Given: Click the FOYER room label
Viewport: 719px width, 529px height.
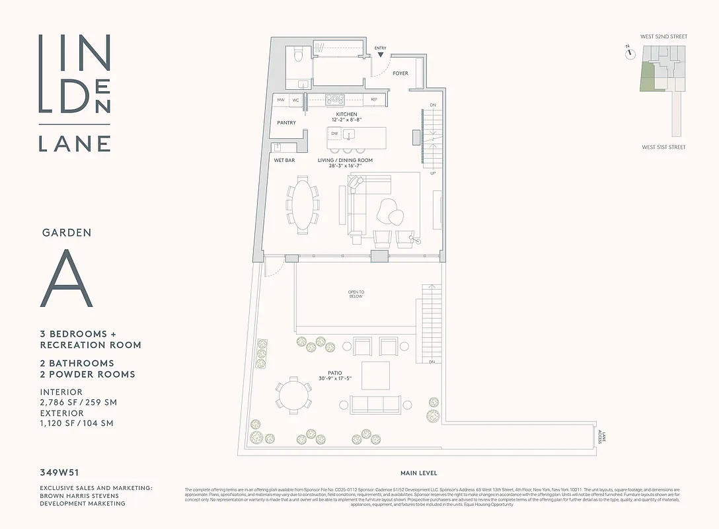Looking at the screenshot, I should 400,73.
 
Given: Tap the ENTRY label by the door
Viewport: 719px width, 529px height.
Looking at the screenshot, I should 380,48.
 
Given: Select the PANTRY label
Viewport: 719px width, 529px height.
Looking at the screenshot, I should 286,123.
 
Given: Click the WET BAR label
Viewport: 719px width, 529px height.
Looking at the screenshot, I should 284,161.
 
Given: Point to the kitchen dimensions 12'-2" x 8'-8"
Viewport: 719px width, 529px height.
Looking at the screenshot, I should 346,120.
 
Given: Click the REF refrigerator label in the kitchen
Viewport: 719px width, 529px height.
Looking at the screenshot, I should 374,100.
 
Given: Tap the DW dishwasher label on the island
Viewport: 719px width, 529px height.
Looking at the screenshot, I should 334,134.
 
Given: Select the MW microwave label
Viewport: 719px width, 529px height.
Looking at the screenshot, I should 281,100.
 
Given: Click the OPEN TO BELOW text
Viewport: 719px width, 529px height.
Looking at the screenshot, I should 356,294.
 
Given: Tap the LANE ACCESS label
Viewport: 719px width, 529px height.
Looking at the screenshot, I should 600,436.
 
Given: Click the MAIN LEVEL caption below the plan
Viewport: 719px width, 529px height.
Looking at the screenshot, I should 418,473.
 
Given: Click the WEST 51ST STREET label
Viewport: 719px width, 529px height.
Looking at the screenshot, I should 663,147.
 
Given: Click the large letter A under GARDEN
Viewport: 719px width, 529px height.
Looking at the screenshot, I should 67,279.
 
